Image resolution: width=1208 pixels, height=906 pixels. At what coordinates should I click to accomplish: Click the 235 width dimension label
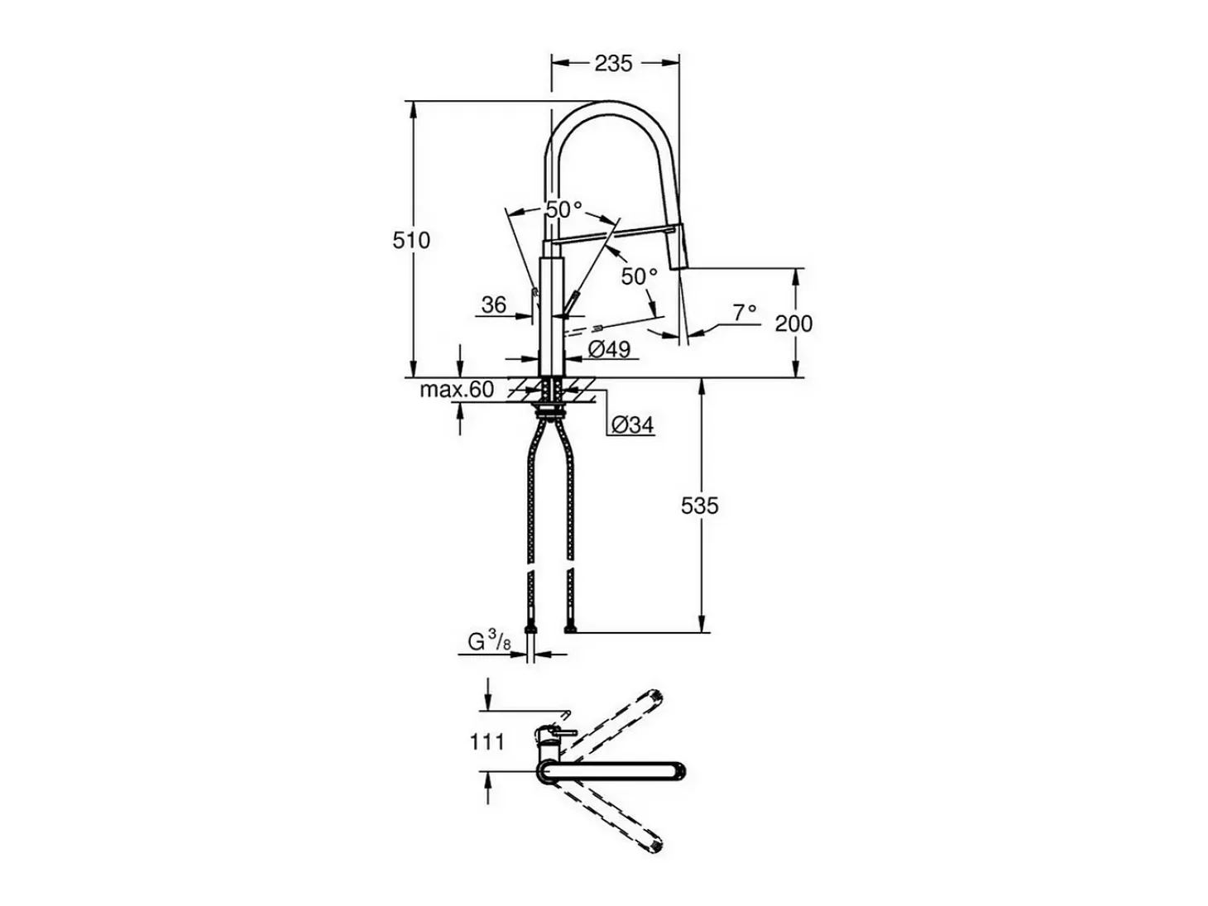(x=613, y=64)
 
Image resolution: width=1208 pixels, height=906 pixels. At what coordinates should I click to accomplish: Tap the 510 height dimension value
(x=411, y=241)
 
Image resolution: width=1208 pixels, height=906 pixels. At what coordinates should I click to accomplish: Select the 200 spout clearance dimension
(x=793, y=324)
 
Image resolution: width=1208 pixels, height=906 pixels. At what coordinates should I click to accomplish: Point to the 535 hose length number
(x=699, y=506)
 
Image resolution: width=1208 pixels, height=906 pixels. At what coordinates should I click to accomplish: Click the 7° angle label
(x=745, y=313)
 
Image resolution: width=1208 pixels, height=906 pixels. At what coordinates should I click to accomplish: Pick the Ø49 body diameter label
(x=609, y=349)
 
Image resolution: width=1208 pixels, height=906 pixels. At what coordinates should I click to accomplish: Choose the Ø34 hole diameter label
(x=633, y=424)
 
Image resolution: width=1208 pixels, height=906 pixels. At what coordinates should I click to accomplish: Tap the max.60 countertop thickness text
(x=457, y=390)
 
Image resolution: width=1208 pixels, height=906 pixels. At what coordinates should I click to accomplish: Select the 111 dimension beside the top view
(x=487, y=742)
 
